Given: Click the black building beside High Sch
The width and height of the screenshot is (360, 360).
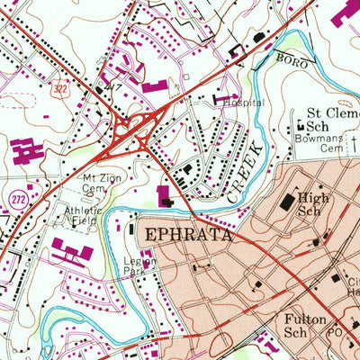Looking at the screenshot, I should point(287,204).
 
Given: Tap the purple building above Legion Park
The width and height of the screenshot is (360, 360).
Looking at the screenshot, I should point(166,194).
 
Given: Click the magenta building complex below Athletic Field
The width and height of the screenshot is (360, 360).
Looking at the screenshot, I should point(73,251).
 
